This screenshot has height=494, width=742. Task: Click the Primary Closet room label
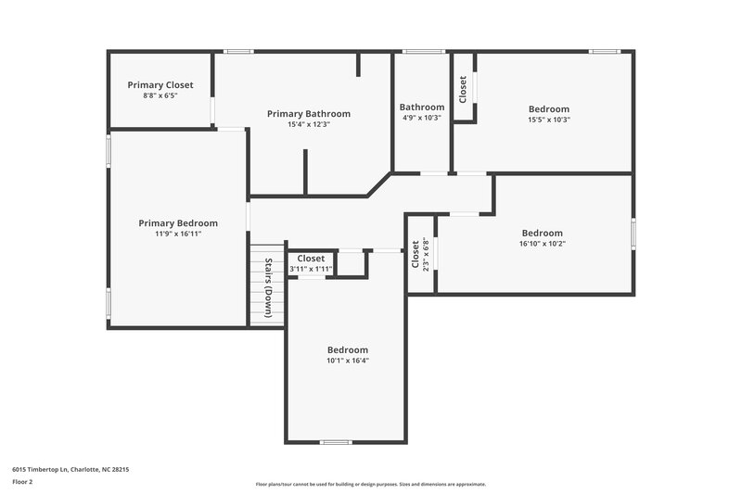(x=160, y=84)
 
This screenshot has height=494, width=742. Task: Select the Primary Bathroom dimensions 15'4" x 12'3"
(x=309, y=124)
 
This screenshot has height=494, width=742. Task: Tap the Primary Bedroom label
(x=178, y=223)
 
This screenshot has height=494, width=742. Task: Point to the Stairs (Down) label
(x=268, y=288)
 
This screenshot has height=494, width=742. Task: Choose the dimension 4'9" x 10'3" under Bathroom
(x=421, y=118)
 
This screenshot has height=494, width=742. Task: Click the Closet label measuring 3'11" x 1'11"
(x=311, y=259)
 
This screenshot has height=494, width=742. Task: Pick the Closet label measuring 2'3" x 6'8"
(x=415, y=255)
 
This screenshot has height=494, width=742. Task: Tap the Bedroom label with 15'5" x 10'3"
(x=548, y=109)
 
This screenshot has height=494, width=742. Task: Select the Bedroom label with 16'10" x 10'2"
(x=542, y=233)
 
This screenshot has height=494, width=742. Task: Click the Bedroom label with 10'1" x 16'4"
(x=347, y=349)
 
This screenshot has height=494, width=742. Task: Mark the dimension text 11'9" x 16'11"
(x=178, y=234)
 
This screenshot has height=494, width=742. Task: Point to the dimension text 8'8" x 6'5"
(x=160, y=95)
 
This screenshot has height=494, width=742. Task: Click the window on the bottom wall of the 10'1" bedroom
(x=336, y=441)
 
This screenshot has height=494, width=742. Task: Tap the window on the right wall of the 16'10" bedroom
(x=633, y=233)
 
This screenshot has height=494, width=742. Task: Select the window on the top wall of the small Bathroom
(x=423, y=51)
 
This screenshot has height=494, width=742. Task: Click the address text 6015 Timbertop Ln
(x=70, y=470)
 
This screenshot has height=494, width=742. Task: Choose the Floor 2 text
(x=22, y=483)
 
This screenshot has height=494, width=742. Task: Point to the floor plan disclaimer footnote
(x=370, y=484)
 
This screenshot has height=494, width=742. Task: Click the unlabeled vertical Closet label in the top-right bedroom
(x=463, y=88)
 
